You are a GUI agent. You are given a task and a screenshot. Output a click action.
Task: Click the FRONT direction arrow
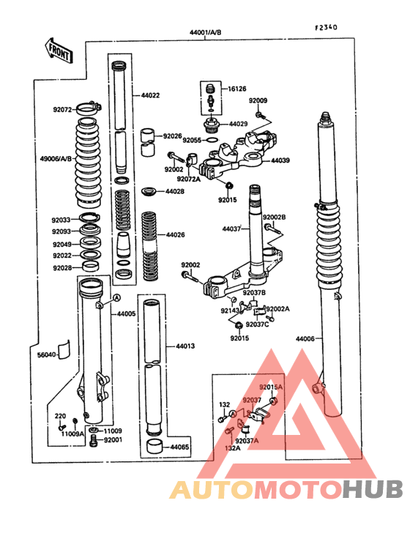click(x=58, y=51)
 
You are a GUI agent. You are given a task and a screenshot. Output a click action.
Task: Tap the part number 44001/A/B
click(x=205, y=33)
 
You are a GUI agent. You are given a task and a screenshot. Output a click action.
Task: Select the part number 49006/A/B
click(x=54, y=157)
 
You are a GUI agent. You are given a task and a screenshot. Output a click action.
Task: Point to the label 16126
click(x=237, y=89)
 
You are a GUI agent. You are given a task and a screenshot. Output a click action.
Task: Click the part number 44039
click(x=280, y=160)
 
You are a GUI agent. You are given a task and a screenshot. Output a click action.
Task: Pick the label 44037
click(x=232, y=228)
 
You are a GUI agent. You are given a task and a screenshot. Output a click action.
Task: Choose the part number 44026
click(x=176, y=235)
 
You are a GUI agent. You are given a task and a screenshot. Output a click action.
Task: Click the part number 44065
click(x=180, y=447)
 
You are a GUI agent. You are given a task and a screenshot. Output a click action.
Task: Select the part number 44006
click(x=305, y=339)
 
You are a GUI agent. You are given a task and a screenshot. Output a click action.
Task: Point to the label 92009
click(x=258, y=100)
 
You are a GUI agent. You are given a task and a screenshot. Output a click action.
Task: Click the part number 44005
click(x=126, y=313)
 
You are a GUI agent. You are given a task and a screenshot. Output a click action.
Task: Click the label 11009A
click(x=72, y=433)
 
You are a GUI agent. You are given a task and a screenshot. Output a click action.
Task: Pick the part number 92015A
click(x=270, y=386)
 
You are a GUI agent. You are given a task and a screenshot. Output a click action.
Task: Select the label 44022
click(x=150, y=96)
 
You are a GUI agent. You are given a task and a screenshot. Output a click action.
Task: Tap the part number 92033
click(x=61, y=219)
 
